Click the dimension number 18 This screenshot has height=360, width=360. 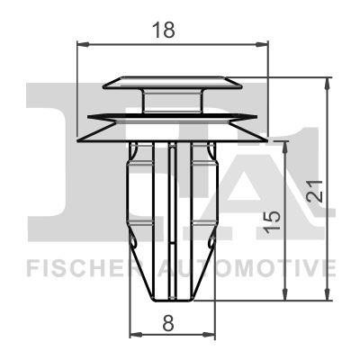[x=164, y=29]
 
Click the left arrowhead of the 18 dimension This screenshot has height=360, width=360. [x=83, y=42]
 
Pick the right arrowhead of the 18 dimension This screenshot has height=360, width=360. [x=264, y=42]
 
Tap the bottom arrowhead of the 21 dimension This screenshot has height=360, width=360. [x=328, y=298]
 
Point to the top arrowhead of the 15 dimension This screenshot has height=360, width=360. [x=287, y=145]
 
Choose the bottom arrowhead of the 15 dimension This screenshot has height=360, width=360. [x=287, y=298]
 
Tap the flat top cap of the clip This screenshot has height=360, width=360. [x=173, y=83]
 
